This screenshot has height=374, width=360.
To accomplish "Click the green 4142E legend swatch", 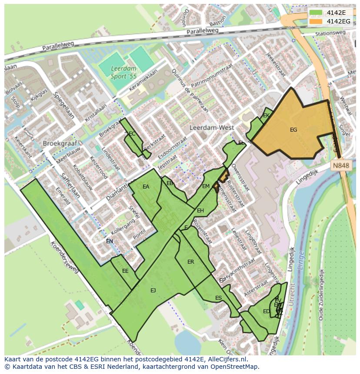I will click(x=316, y=13).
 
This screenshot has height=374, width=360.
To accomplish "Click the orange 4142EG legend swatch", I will click(x=316, y=21).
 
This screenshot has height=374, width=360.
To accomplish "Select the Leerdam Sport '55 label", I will click(x=123, y=73).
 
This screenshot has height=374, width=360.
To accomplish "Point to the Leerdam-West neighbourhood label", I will click(x=212, y=128).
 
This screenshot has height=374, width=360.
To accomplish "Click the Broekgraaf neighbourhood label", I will click(x=59, y=143).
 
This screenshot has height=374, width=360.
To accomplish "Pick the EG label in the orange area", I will click(x=293, y=129).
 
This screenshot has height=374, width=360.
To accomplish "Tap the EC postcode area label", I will click(x=132, y=134).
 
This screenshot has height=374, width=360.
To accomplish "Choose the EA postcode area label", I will click(x=146, y=187).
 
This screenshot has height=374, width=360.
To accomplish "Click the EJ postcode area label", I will click(x=153, y=290).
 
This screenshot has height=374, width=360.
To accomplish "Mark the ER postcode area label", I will click(x=190, y=262).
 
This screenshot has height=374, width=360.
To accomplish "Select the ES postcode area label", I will click(x=218, y=298).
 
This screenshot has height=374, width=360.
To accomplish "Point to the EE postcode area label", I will click(x=125, y=271).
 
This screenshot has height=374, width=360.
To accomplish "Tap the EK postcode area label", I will click(x=267, y=116).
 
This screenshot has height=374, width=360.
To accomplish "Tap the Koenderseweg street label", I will click(x=64, y=257).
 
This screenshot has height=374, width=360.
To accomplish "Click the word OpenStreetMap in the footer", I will click(x=235, y=367).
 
